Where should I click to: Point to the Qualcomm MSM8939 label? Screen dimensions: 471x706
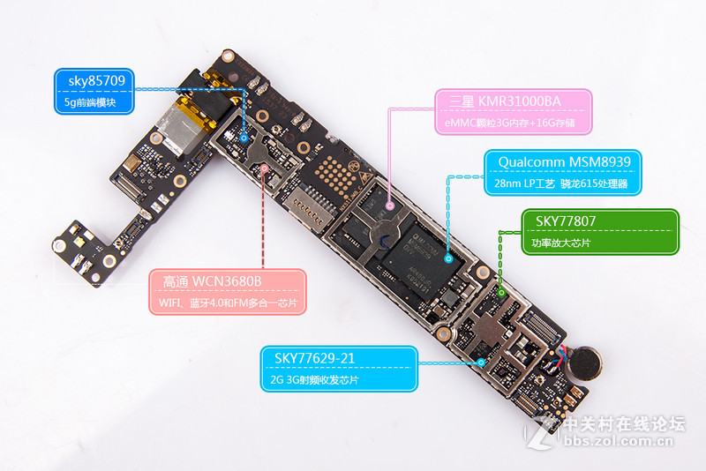click(563, 162)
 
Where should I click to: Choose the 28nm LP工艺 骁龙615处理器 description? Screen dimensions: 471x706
click(563, 184)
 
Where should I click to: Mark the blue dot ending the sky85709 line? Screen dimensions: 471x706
click(244, 138)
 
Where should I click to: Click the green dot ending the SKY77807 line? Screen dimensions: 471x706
click(500, 290)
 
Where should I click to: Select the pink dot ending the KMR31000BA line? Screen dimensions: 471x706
click(389, 206)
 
